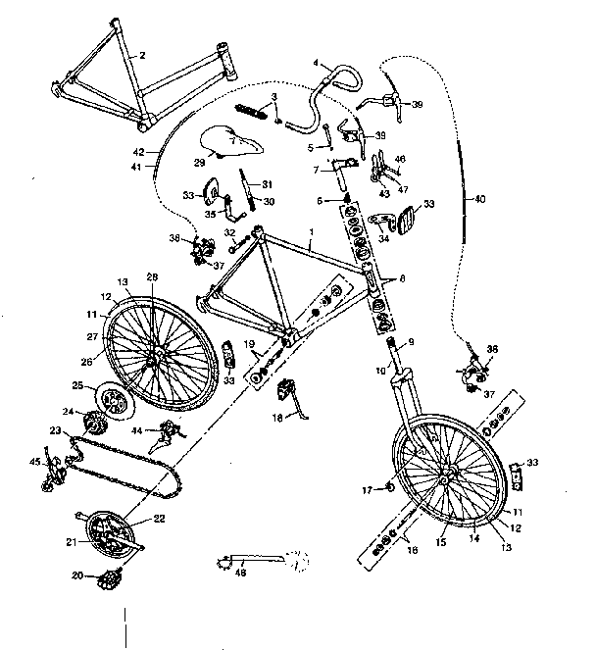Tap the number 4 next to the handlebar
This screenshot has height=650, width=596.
click(316, 64)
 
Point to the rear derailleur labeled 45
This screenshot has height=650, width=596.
click(54, 475)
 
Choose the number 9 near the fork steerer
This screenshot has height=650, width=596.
click(411, 342)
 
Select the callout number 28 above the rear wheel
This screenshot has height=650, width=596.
click(152, 276)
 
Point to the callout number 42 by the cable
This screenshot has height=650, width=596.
click(139, 152)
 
